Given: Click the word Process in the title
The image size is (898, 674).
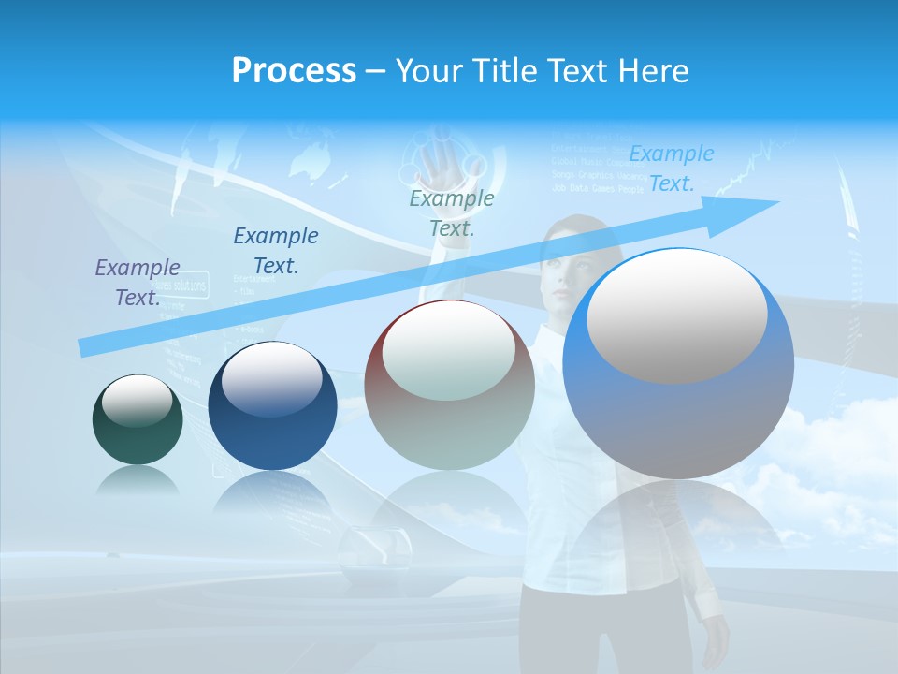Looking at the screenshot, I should pos(294,71).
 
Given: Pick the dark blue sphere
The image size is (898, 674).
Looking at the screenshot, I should pos(272,407).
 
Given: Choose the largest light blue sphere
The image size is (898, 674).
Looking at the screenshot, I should pos(678,365).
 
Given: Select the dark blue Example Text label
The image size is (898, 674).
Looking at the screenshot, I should pos(276,251).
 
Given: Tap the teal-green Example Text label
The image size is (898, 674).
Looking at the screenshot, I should pos(452,212).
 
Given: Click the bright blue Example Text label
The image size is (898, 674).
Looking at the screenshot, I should pos(672,168).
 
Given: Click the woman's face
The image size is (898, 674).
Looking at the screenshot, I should pos(571,271).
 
